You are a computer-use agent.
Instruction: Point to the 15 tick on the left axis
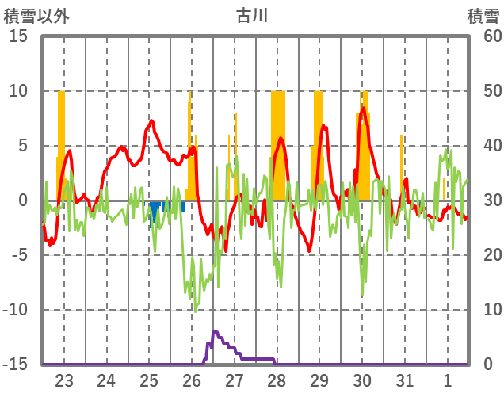click(x=18, y=36)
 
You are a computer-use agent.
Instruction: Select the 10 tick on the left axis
click(x=18, y=91)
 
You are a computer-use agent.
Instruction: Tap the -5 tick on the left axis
click(x=20, y=255)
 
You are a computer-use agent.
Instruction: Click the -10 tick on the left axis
click(x=16, y=310)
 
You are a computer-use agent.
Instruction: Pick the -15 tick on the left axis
click(x=16, y=365)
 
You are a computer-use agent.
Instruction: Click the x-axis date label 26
click(x=191, y=380)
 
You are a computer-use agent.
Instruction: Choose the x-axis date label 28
click(x=277, y=380)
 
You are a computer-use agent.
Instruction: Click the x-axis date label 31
click(x=404, y=380)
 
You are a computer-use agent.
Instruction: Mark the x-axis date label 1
click(x=447, y=380)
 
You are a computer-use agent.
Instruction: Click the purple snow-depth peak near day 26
click(x=215, y=333)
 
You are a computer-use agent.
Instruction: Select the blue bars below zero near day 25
click(x=155, y=208)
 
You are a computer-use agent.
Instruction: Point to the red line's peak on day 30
click(x=363, y=109)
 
